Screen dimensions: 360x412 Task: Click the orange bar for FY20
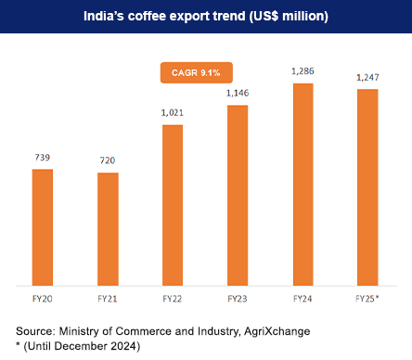[x=43, y=227]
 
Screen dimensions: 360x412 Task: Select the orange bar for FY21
[x=108, y=229]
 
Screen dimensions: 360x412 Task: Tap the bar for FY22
[x=173, y=205]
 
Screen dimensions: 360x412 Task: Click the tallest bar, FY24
[x=303, y=185]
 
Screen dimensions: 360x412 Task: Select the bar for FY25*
[x=367, y=187]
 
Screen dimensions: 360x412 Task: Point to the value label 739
[x=43, y=159]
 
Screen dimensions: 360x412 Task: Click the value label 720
[x=108, y=161]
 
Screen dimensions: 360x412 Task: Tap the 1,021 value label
[x=173, y=113]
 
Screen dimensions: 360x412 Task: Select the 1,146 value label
[x=238, y=94]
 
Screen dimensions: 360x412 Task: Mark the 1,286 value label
[x=303, y=71]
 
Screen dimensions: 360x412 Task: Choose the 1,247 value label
[x=367, y=78]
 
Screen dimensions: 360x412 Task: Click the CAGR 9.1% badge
[x=194, y=71]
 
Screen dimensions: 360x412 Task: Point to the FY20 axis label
[x=43, y=299]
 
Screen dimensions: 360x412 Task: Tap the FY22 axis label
[x=173, y=299]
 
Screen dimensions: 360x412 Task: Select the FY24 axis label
[x=303, y=299]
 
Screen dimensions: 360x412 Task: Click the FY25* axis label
[x=368, y=299]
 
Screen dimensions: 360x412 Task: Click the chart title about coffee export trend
[x=206, y=18]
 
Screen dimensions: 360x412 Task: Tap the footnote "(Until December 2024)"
[x=82, y=346]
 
